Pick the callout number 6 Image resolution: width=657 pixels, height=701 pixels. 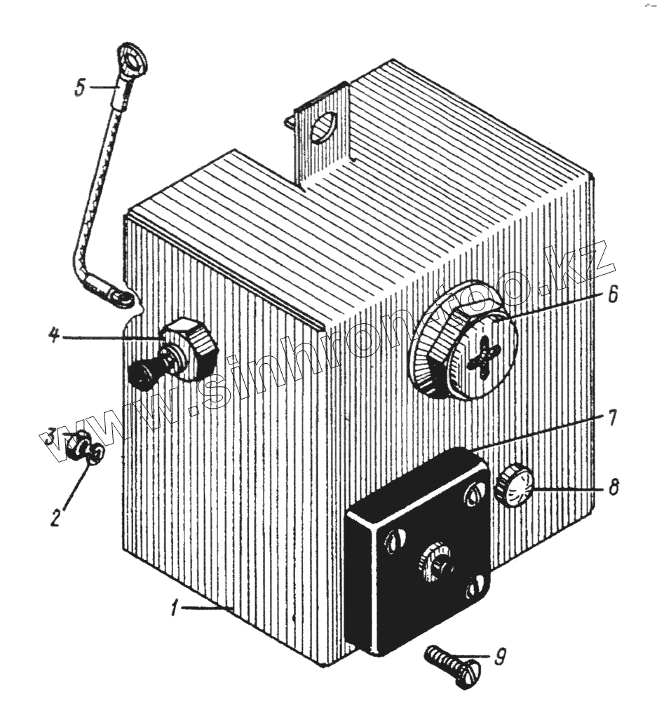point(612,295)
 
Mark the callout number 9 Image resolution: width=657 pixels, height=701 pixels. point(499,657)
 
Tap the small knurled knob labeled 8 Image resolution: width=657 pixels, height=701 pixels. point(513,485)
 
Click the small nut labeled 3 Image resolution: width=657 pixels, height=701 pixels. point(76,446)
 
